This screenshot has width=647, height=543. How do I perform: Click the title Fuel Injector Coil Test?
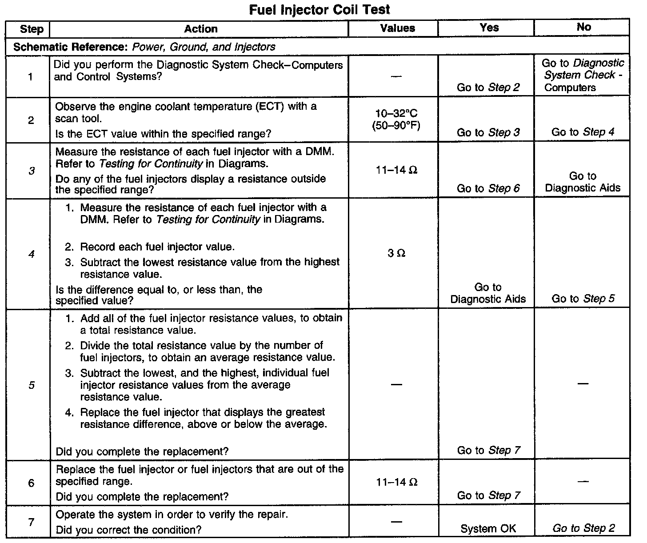(320, 9)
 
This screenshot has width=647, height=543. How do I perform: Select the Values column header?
(398, 28)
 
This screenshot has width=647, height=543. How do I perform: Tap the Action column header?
(201, 29)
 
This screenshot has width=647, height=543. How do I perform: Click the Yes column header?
(489, 28)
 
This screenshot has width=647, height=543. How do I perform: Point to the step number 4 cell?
(31, 255)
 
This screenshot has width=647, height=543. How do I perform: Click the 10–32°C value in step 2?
(396, 114)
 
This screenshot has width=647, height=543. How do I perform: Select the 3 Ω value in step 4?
(396, 253)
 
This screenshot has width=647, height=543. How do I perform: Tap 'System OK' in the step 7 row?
(488, 529)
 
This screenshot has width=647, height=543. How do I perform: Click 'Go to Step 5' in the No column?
(583, 299)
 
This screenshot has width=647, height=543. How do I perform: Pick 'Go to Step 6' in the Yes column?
(488, 188)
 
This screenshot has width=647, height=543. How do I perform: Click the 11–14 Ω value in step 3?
(396, 170)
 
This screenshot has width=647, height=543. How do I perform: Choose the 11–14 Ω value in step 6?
(396, 482)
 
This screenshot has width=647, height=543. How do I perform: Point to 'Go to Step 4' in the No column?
(583, 132)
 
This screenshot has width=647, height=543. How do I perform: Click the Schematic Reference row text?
(144, 47)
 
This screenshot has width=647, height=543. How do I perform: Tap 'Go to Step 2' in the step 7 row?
(583, 528)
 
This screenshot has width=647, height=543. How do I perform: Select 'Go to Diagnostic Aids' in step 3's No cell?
(583, 182)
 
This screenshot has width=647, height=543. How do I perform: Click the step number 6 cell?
(31, 483)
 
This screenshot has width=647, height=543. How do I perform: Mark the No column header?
(583, 28)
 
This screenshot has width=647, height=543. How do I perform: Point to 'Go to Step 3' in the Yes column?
(488, 132)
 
